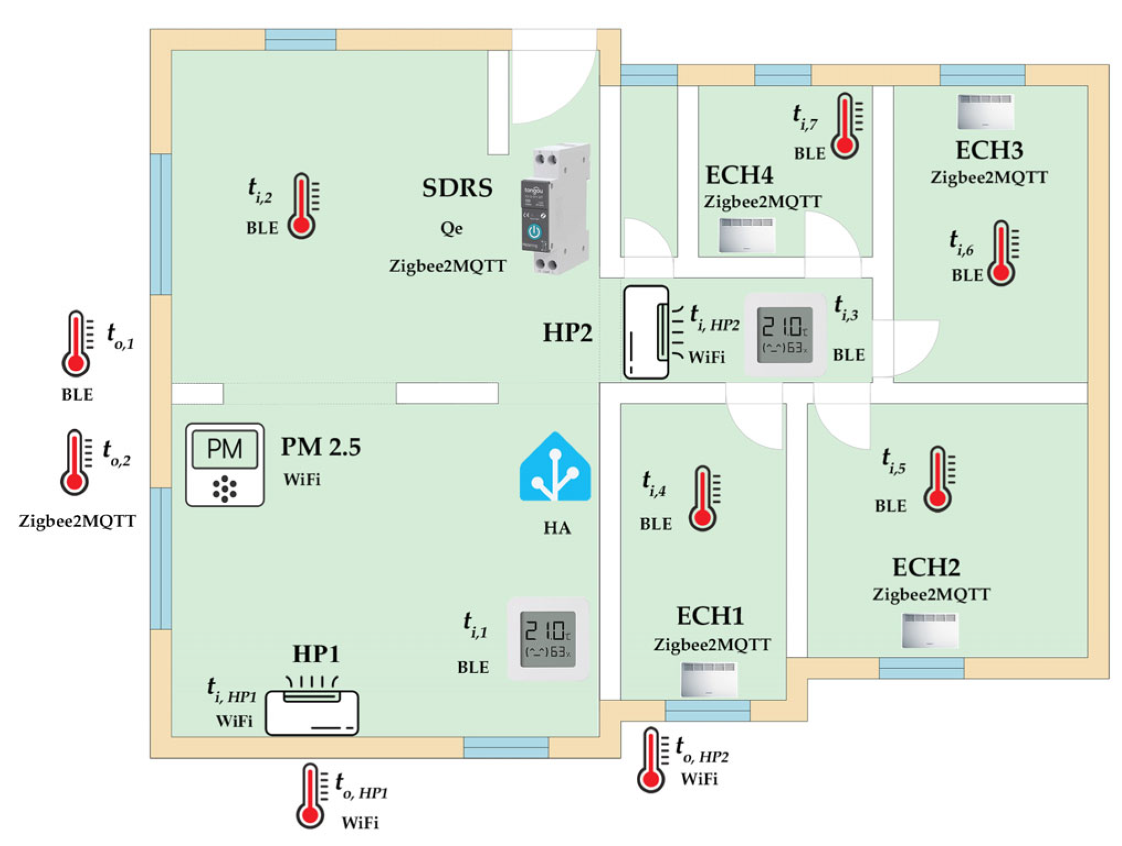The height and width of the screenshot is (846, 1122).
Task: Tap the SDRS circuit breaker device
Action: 555,210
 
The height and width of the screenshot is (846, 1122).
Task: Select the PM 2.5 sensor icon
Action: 225,465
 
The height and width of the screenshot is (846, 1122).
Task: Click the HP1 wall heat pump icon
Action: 312,712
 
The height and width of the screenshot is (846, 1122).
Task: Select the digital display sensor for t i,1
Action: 548,638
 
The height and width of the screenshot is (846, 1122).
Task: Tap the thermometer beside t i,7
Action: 847,126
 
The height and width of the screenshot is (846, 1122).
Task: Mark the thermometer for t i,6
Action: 1002,253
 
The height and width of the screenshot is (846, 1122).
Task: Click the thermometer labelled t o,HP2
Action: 652,759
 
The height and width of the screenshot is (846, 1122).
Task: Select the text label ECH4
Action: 739,175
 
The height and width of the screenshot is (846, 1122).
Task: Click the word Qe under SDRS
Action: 451,228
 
